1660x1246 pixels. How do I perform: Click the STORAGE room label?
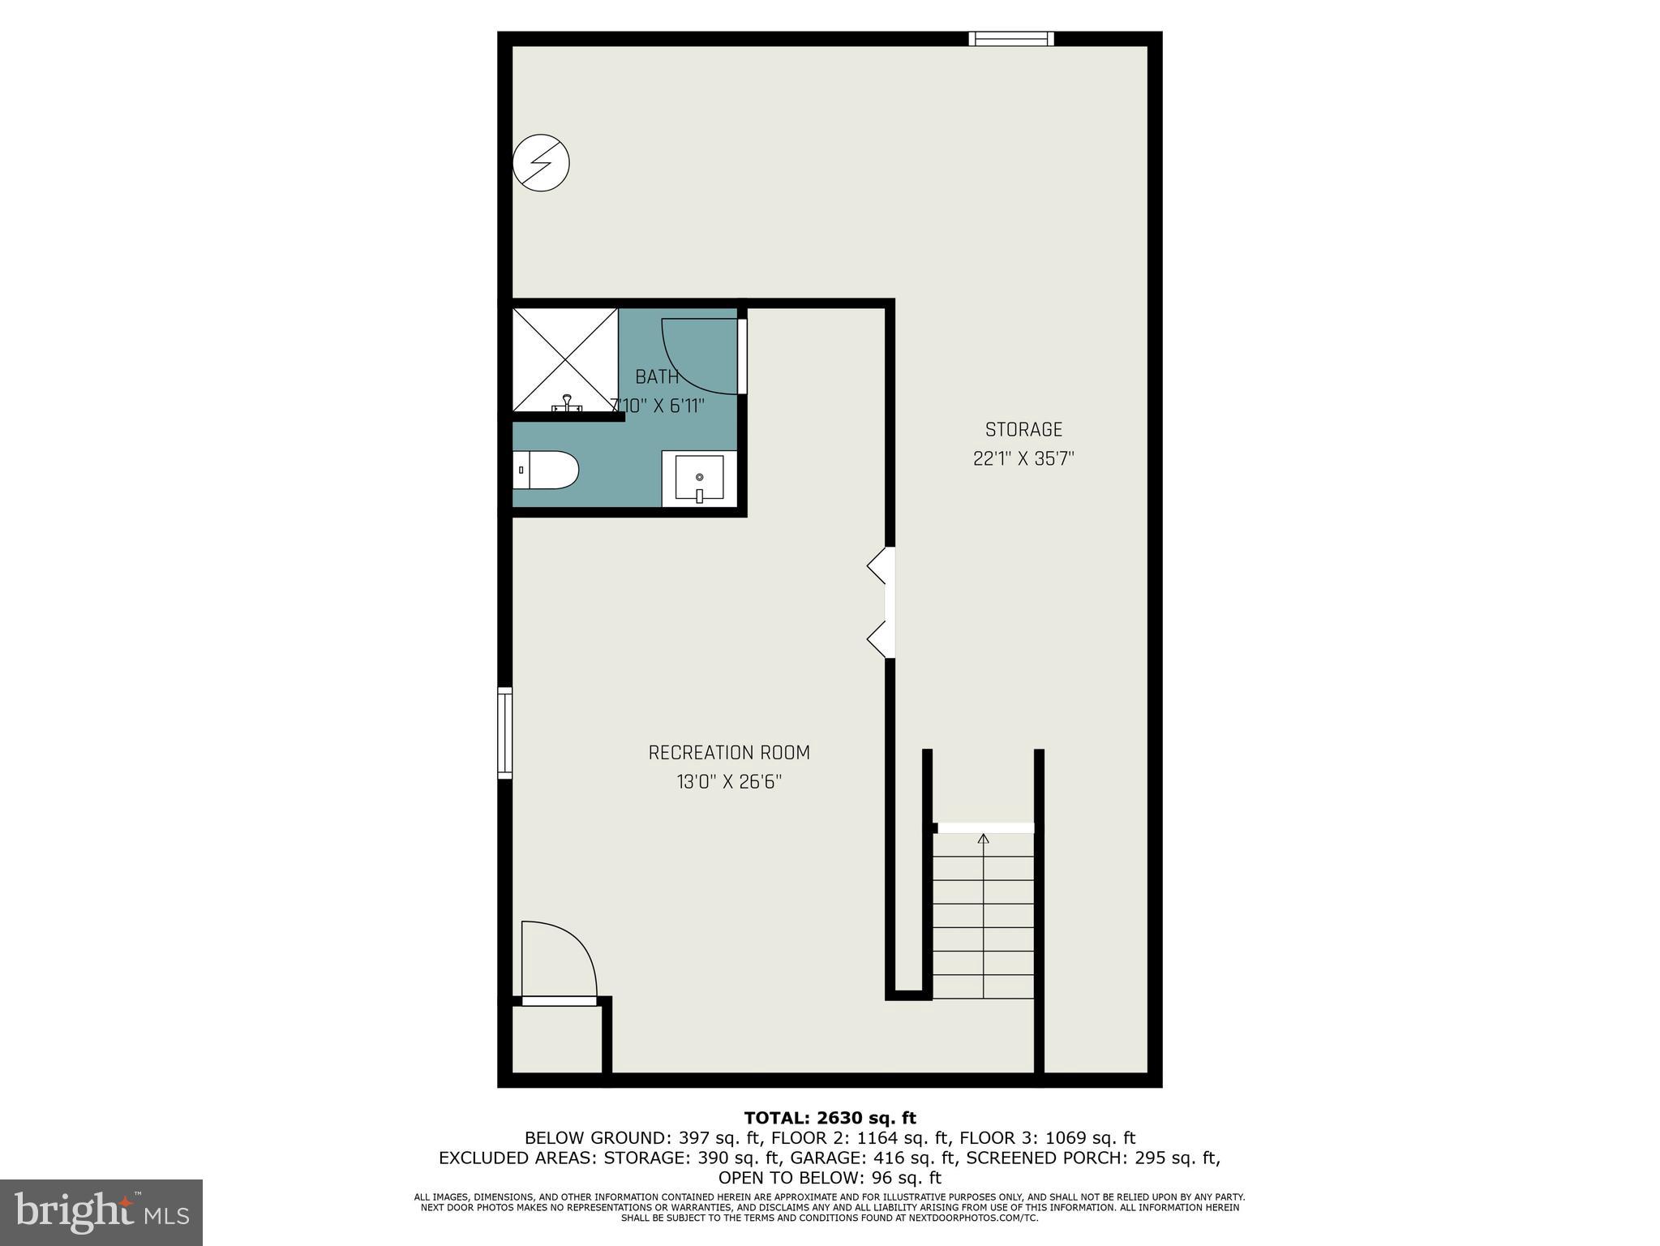coord(1023,429)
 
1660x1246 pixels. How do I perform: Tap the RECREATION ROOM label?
coord(729,753)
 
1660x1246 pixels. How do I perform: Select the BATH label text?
coord(657,376)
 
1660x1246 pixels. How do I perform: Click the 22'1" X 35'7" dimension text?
coord(1023,459)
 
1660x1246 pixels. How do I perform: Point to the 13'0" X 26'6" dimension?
coord(729,782)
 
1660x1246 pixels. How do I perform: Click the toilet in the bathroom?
coord(546,470)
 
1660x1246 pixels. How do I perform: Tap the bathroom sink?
coord(699,479)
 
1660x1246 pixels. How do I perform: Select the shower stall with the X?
coord(565,359)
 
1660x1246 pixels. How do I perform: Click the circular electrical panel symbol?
coord(542,162)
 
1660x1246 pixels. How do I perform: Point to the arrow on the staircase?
coord(984,840)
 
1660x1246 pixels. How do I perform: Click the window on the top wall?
coord(1011,38)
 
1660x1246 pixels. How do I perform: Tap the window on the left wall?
coord(504,733)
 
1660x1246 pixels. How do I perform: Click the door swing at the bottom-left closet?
coord(560,961)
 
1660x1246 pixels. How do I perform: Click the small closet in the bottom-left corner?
coord(556,1040)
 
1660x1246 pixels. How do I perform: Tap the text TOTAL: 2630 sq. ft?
coord(830,1119)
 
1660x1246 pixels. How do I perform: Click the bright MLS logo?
coord(101,1213)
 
